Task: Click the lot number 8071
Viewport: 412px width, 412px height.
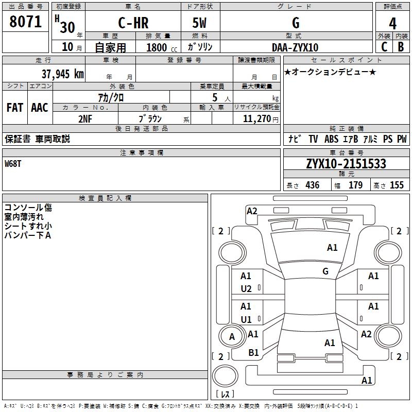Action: coord(25,22)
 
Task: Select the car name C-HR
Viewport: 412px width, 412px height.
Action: coord(133,23)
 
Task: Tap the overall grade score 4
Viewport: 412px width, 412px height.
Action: coord(392,24)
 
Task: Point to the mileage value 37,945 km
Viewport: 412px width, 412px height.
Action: coord(62,74)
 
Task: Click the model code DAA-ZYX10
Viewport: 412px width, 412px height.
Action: coord(295,47)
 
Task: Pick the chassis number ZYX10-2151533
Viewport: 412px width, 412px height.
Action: coord(346,164)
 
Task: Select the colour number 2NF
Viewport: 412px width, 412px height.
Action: coord(85,119)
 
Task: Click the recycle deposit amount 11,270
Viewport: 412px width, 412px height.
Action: coord(256,119)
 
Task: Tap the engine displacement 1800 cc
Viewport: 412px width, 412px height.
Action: coord(162,47)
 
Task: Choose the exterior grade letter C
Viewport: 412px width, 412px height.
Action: coord(384,47)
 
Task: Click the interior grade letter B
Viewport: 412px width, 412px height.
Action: coord(401,47)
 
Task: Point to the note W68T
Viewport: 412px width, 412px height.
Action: coord(12,164)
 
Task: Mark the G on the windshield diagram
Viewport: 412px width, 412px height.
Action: coord(325,271)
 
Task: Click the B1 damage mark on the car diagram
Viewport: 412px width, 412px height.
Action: coord(253,352)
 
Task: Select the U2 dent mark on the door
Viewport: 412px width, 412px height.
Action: coord(246,289)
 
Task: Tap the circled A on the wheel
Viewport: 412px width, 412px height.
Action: coord(232,336)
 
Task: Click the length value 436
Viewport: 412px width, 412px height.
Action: coord(313,185)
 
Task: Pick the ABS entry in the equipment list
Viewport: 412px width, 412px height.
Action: coord(331,139)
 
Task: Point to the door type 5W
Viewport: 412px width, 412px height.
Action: coord(199,23)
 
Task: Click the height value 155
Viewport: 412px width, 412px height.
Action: coord(397,185)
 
